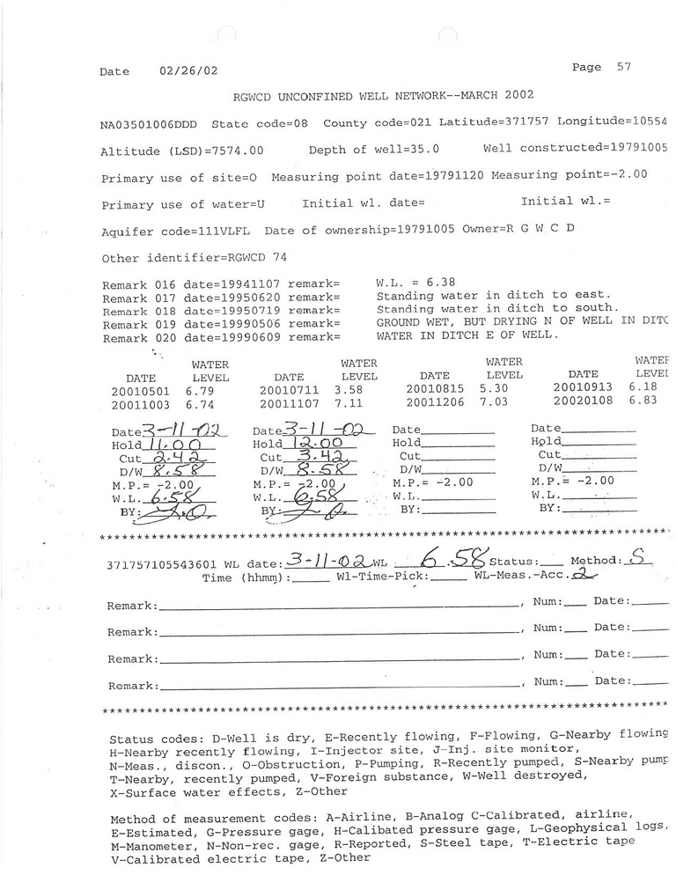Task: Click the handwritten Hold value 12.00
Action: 320,445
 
